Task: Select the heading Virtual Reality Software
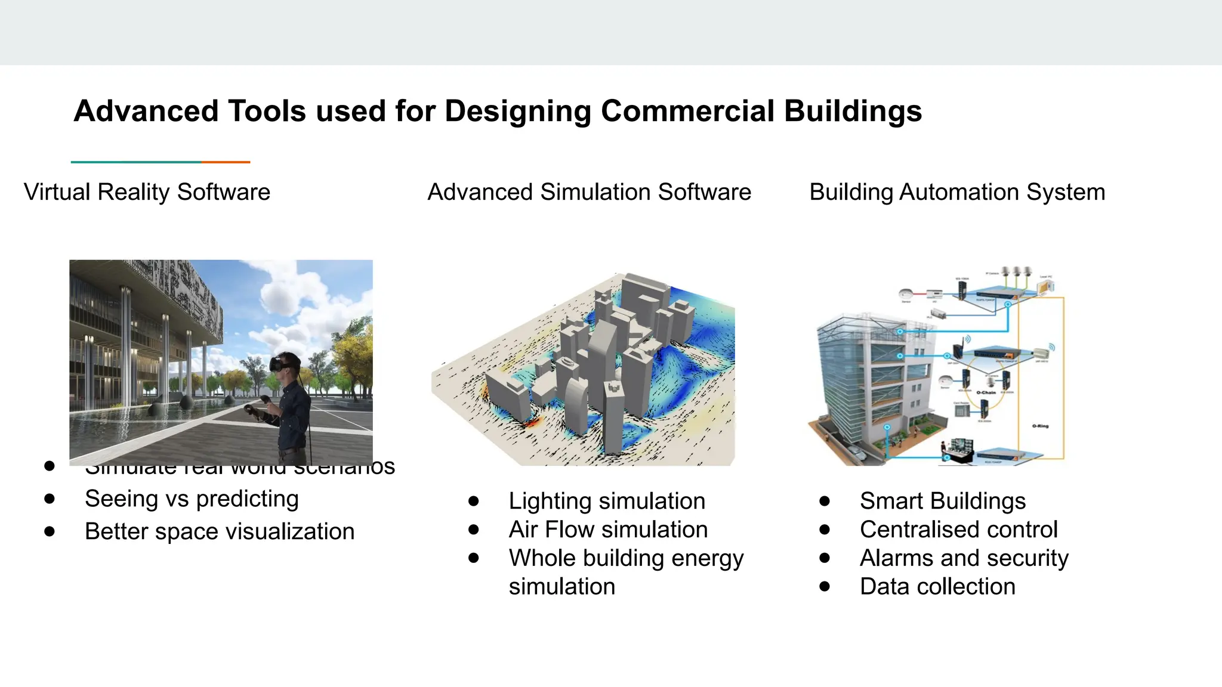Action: click(147, 192)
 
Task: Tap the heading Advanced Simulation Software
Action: click(589, 192)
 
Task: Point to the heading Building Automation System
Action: click(957, 192)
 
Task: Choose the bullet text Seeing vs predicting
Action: click(192, 499)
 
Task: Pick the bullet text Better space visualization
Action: click(220, 531)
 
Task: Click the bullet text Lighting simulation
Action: click(607, 501)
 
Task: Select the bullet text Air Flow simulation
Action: click(608, 530)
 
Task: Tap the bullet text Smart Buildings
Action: click(943, 501)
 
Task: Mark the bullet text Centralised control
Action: click(958, 530)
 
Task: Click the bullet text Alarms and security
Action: click(964, 558)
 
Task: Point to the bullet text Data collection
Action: click(937, 587)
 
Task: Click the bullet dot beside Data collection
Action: click(825, 587)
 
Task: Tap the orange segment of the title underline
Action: click(226, 162)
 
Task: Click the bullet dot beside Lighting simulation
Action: click(474, 501)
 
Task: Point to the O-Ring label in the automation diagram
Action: click(1040, 426)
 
